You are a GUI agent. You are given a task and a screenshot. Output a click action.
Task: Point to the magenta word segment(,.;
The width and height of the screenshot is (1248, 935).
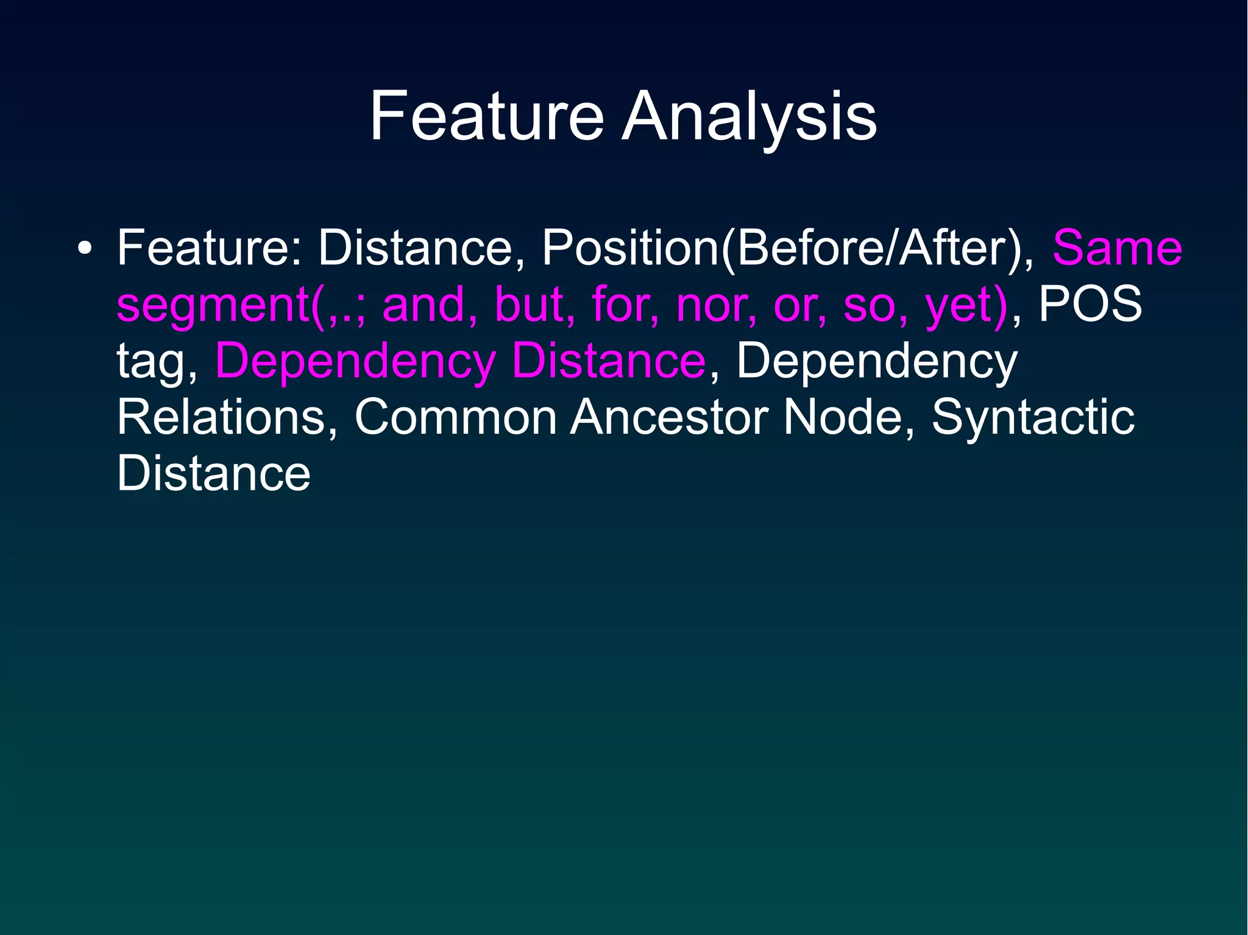tap(241, 305)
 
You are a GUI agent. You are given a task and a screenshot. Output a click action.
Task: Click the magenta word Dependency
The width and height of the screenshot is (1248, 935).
tap(355, 361)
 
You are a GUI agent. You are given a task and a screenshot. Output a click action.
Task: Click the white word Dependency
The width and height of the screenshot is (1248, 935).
tap(876, 361)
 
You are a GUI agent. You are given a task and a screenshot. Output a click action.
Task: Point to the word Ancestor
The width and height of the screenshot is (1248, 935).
tap(668, 417)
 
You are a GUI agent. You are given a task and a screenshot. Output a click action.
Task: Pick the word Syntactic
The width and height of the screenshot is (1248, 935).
tap(1032, 417)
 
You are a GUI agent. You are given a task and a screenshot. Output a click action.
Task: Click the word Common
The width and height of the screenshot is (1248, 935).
tap(455, 417)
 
